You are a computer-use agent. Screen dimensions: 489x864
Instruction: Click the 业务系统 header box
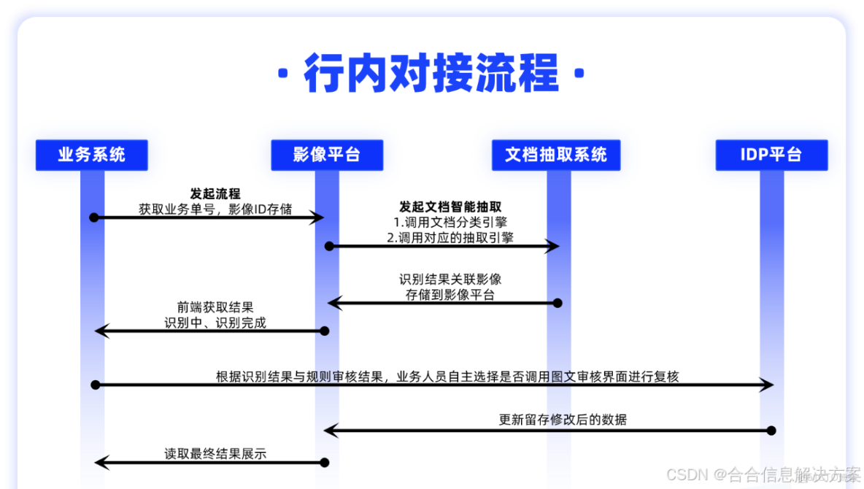[x=91, y=155]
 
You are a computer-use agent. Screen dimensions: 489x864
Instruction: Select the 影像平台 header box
[x=327, y=155]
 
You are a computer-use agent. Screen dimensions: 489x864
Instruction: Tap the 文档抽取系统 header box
[x=556, y=155]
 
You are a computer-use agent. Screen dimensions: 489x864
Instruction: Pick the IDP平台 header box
[x=771, y=155]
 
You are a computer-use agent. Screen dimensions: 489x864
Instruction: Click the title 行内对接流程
[x=432, y=73]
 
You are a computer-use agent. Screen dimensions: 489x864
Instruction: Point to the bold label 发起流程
[x=215, y=194]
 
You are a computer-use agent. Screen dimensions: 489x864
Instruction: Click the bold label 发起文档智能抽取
[x=450, y=207]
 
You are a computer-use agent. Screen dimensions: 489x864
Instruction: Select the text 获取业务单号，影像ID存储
[x=215, y=209]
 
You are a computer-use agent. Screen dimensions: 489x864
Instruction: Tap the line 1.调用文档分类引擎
[x=450, y=222]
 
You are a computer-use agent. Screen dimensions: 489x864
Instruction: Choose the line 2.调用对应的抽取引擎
[x=450, y=237]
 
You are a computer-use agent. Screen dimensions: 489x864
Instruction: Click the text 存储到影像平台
[x=450, y=295]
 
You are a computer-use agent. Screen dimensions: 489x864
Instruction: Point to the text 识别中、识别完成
[x=215, y=322]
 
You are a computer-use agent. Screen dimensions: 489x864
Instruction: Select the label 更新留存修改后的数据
[x=563, y=420]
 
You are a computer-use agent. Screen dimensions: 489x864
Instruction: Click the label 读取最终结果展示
[x=215, y=454]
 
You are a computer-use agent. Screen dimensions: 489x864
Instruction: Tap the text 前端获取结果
[x=215, y=307]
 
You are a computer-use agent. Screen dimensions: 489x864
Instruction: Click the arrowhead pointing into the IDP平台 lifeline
[x=767, y=384]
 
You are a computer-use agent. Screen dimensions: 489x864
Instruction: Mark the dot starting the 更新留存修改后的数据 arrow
[x=771, y=431]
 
